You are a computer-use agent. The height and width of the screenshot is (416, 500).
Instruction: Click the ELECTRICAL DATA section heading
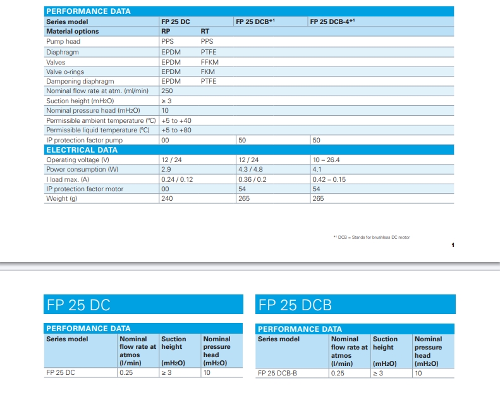coord(82,150)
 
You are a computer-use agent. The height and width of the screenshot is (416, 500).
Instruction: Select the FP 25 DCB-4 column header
coord(332,22)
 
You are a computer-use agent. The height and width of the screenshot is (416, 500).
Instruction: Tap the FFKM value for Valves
coord(209,62)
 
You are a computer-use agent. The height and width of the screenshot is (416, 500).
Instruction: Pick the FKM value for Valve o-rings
coord(207,72)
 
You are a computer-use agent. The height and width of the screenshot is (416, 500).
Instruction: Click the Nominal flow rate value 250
coord(167,91)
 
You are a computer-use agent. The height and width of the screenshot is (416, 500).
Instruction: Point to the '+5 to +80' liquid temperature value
coord(176,130)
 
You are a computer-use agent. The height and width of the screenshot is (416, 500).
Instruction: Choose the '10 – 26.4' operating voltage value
coord(326,160)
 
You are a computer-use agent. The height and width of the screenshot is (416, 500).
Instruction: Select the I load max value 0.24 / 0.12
coord(177,179)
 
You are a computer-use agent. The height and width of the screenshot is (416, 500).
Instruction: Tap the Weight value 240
coord(167,198)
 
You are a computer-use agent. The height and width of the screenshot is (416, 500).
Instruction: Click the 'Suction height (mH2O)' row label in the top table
coord(80,101)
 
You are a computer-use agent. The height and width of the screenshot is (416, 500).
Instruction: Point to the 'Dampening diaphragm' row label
coord(80,82)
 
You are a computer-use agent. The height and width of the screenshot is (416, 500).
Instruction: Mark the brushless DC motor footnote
coord(372,237)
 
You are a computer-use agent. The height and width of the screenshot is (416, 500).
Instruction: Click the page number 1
coord(453,245)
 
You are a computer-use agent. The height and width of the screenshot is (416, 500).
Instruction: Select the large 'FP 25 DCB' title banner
coord(355,304)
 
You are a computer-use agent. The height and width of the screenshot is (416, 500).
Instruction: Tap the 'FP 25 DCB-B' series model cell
coord(277,373)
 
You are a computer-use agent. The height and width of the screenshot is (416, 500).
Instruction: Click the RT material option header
coord(205,31)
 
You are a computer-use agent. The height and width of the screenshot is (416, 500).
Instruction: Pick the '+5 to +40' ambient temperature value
coord(176,120)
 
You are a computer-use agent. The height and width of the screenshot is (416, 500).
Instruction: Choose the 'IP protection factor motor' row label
coord(85,189)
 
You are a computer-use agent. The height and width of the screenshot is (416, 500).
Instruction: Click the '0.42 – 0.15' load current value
coord(329,179)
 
